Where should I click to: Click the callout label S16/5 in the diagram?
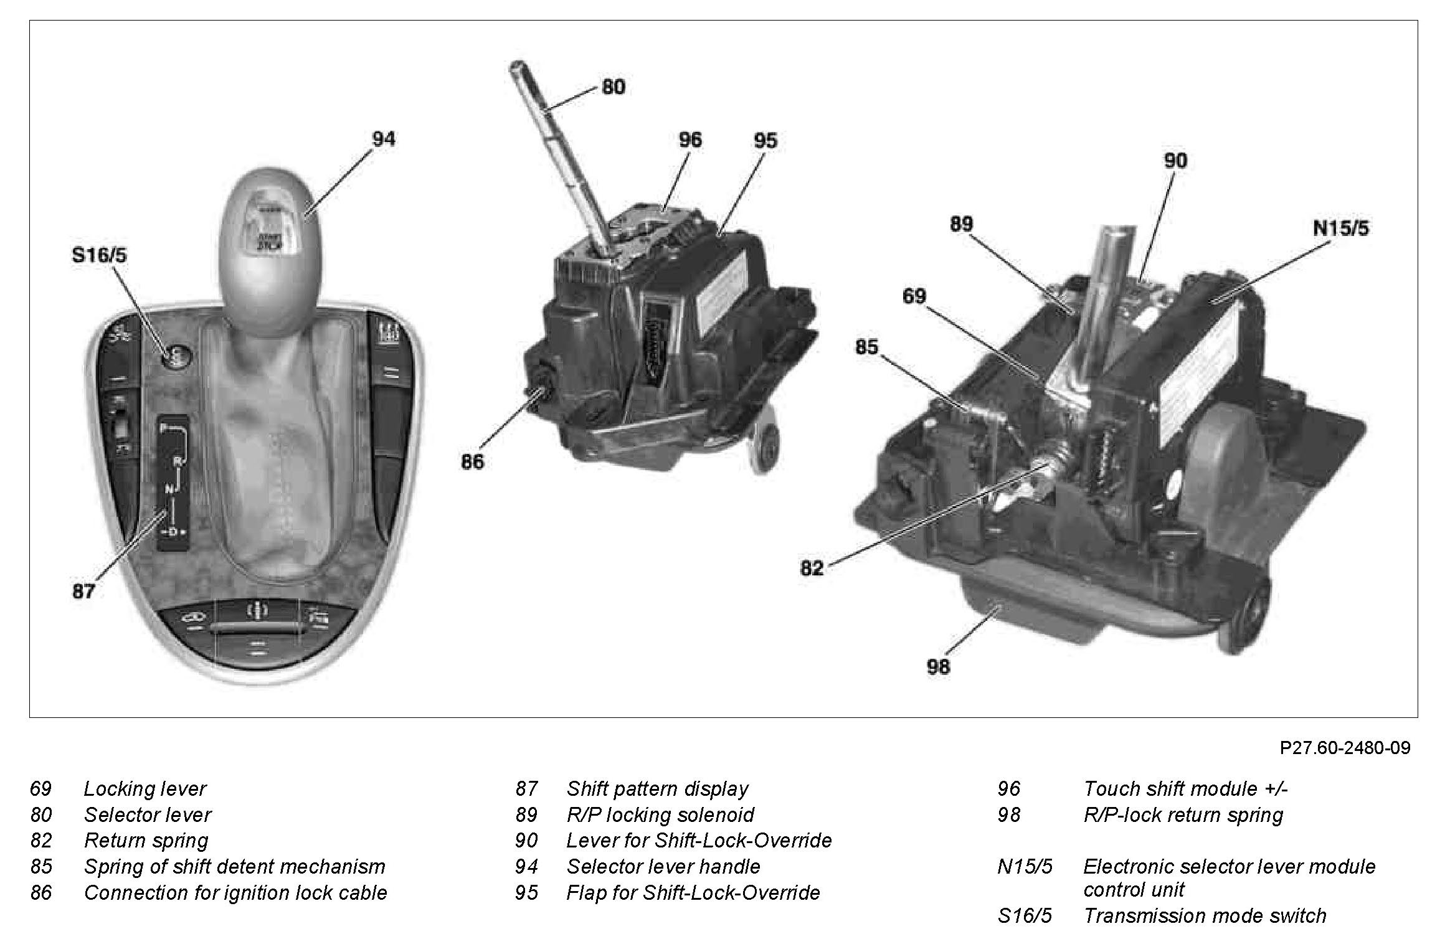coord(99,255)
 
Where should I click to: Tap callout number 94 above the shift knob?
coord(383,139)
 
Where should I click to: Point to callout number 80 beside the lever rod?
coord(613,87)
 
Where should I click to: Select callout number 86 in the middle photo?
coord(472,461)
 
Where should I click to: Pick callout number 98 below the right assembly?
coord(939,666)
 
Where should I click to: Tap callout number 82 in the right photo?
coord(812,568)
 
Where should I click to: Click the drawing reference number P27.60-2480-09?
coord(1345,747)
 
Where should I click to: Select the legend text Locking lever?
coord(145,789)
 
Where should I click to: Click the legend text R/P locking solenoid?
coord(660,815)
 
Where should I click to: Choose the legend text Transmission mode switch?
coord(1205,915)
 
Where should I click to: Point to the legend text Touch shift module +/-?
coord(1185,789)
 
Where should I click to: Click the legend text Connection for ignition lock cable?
coord(235,893)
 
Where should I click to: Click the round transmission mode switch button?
coord(176,356)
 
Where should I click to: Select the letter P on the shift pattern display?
coord(163,428)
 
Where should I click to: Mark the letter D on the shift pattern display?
coord(173,532)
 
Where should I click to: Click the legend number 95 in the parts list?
coord(526,893)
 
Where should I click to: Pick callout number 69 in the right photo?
coord(914,296)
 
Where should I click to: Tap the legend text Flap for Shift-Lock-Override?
coord(693,893)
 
